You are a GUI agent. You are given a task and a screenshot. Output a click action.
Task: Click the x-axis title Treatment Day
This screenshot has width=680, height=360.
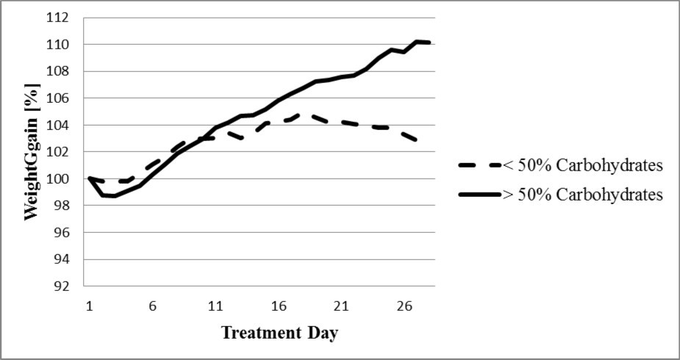[x=279, y=334]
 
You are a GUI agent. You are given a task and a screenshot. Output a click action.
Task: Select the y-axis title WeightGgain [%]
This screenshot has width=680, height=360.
[x=32, y=152]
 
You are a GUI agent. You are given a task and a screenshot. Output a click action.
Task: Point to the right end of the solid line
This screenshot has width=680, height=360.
[x=430, y=43]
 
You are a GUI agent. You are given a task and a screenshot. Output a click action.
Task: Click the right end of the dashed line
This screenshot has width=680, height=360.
[x=418, y=140]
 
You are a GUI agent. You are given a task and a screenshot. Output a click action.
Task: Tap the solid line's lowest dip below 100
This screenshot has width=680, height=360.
[x=115, y=196]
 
